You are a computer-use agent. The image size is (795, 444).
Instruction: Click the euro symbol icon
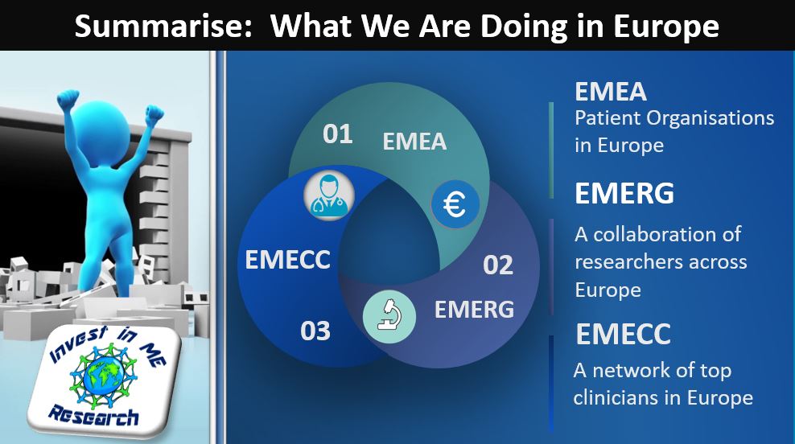[455, 205]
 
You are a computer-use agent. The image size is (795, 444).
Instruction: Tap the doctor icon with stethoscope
[328, 195]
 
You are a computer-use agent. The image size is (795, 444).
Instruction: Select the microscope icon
[389, 316]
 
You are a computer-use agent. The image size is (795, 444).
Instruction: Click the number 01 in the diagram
[338, 134]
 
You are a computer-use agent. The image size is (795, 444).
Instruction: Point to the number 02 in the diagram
[498, 265]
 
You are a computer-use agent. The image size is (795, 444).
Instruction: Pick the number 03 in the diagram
[315, 331]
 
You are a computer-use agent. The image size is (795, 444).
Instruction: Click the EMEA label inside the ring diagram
[414, 142]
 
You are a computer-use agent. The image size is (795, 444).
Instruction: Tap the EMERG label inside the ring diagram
[474, 309]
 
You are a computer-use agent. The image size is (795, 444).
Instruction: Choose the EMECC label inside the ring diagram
[287, 260]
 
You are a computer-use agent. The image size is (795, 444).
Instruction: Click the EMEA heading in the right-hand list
[611, 92]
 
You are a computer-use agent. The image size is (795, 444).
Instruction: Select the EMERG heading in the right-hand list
[624, 193]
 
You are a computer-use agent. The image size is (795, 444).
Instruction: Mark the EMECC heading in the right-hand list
[623, 334]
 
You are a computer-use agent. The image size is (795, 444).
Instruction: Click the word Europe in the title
[666, 26]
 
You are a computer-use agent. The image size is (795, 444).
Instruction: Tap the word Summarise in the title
[163, 26]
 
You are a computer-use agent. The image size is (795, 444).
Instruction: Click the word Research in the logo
[94, 416]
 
